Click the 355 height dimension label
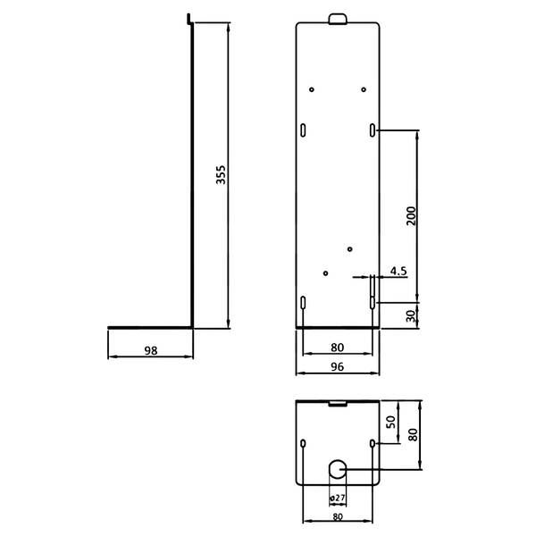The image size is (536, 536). click(x=221, y=175)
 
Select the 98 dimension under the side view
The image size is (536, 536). click(x=151, y=350)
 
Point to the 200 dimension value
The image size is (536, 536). click(x=411, y=215)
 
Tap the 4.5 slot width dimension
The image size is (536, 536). click(x=398, y=271)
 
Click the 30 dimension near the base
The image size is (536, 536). click(x=411, y=316)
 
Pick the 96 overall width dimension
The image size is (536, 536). click(x=337, y=367)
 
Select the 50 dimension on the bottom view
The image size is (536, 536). click(x=390, y=422)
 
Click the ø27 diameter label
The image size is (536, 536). click(x=338, y=498)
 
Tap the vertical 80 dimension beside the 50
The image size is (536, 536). click(x=413, y=434)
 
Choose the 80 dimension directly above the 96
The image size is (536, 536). click(x=337, y=348)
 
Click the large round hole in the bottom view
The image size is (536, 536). click(x=338, y=469)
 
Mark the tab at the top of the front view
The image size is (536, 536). click(x=338, y=19)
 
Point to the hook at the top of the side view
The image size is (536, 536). click(x=189, y=19)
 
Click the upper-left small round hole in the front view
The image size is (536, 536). click(x=312, y=89)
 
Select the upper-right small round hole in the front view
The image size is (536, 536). click(x=364, y=89)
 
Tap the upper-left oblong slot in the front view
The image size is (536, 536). click(x=303, y=130)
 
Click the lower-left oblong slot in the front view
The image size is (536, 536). click(x=303, y=303)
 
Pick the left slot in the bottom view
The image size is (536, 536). click(x=303, y=443)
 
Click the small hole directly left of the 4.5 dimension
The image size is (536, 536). click(x=325, y=273)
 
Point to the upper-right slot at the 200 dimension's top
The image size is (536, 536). click(x=373, y=130)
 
